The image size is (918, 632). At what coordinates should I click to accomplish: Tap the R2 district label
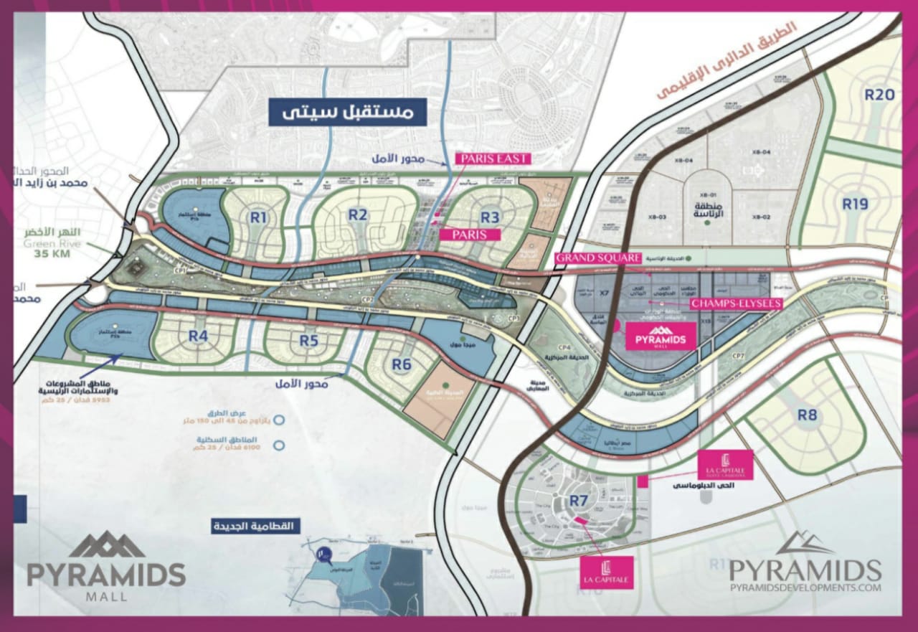click(358, 214)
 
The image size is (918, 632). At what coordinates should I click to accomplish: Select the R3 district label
click(489, 216)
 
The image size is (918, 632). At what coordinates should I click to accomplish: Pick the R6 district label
click(402, 364)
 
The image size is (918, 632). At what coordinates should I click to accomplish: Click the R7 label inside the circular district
click(579, 500)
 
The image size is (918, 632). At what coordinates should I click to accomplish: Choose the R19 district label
click(855, 204)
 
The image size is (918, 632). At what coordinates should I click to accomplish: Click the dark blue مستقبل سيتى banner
click(347, 112)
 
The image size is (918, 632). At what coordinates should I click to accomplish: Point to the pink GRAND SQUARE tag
click(597, 258)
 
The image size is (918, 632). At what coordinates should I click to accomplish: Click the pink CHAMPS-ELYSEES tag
click(735, 303)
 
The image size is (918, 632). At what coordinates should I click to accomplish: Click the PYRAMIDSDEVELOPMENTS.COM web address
click(805, 588)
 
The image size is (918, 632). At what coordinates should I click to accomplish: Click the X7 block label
click(603, 293)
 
